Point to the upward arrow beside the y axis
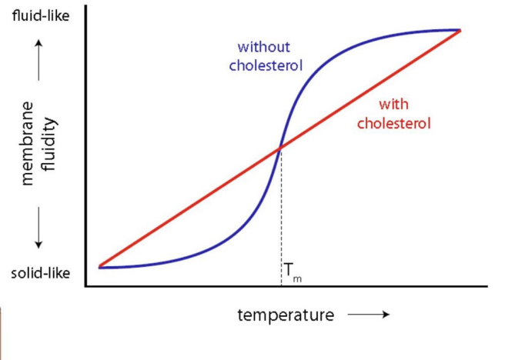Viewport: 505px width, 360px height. tap(38, 58)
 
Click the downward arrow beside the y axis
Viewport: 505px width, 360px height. tap(38, 231)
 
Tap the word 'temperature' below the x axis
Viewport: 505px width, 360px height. tap(286, 315)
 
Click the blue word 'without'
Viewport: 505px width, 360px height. tap(263, 47)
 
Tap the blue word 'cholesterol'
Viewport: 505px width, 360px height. tap(266, 65)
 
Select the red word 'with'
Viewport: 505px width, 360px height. tap(393, 105)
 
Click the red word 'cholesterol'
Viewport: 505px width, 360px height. tap(393, 123)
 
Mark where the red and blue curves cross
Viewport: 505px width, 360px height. tap(280, 148)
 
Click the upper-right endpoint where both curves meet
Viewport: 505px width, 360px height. tap(460, 31)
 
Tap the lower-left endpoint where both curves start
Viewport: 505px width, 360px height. tap(100, 266)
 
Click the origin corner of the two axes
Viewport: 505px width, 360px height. tap(86, 286)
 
